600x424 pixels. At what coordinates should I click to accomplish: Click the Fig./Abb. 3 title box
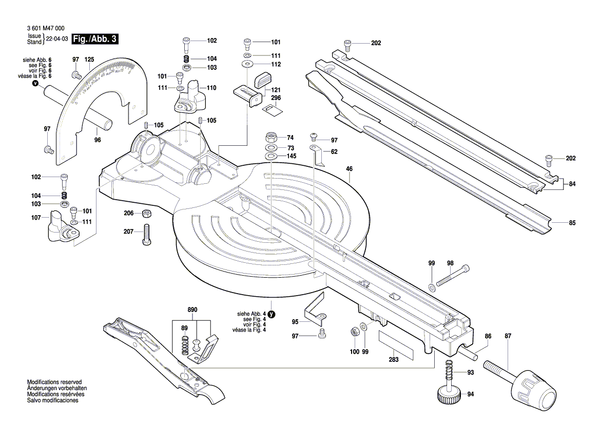pos(95,39)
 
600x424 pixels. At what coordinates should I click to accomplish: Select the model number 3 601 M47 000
pos(45,29)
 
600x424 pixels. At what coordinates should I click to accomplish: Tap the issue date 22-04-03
pos(57,39)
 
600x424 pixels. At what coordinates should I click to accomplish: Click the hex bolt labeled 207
pos(146,235)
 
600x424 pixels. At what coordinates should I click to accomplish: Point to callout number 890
pos(192,311)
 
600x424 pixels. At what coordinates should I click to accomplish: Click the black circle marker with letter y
pos(272,314)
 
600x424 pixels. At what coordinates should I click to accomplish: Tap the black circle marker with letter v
pos(34,83)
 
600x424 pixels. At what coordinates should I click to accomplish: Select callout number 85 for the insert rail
pos(572,223)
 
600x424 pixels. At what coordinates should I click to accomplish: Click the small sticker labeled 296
pos(270,108)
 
